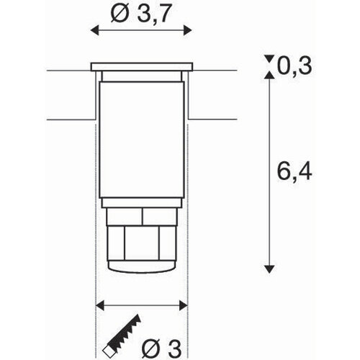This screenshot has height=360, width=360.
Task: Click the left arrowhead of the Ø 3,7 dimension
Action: point(93,30)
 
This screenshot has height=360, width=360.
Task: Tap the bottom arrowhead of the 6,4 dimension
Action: point(269,267)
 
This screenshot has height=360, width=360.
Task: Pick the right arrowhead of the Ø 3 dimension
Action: point(189,303)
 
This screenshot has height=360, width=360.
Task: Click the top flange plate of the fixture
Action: point(143,68)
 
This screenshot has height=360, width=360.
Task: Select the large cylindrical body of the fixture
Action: point(143,137)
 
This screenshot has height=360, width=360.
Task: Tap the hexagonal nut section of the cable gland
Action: point(143,245)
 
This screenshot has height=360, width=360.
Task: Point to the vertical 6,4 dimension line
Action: point(269,173)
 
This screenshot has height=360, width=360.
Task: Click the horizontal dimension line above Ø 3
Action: point(144,303)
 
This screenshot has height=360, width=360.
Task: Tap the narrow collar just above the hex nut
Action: point(143,215)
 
